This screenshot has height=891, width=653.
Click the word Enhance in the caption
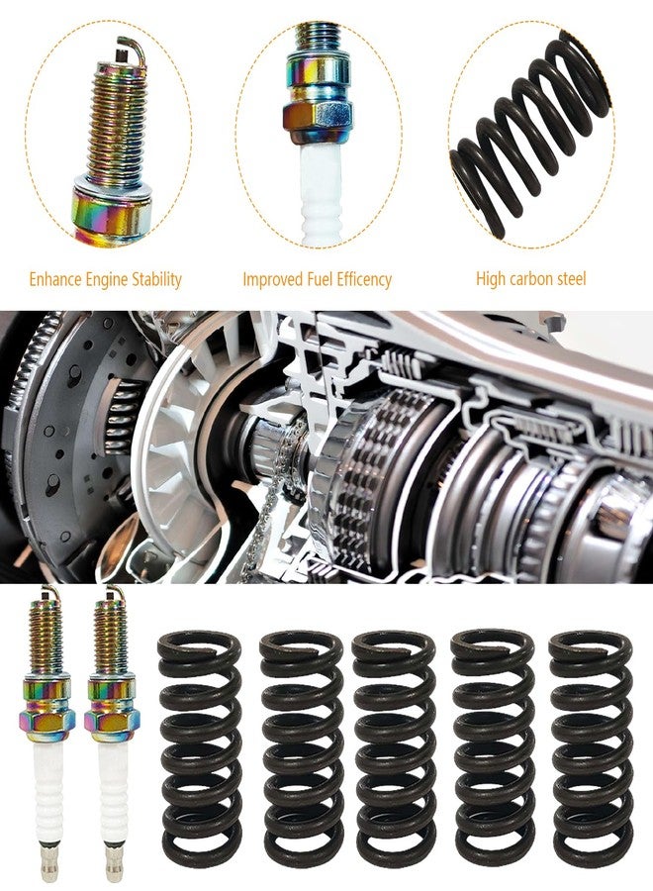(55, 279)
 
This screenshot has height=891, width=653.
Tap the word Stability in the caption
(156, 280)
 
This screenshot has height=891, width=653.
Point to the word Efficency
(364, 279)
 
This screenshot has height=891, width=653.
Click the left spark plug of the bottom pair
(47, 733)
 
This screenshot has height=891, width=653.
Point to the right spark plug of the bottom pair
(111, 733)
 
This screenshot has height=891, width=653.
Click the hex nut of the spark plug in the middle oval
(318, 121)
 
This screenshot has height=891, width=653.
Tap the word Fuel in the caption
(320, 279)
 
